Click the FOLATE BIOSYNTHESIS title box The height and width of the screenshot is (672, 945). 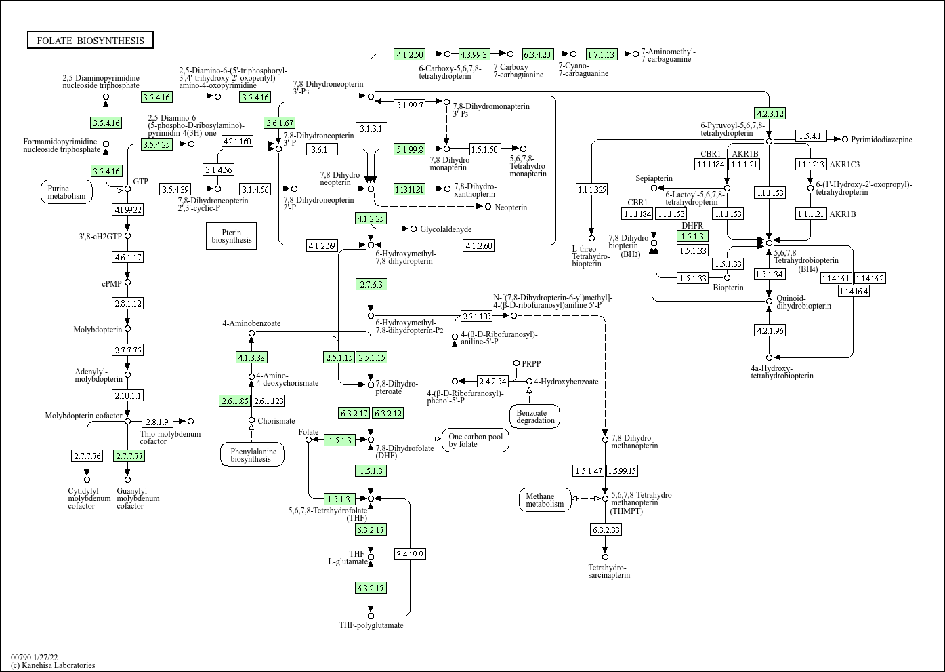(90, 40)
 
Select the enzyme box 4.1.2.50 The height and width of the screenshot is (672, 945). (410, 54)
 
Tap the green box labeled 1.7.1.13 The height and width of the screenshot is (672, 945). (601, 54)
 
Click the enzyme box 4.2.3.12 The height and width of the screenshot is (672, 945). (769, 113)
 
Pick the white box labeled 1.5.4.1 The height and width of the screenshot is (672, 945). (810, 136)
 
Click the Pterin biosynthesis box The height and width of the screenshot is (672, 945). (231, 235)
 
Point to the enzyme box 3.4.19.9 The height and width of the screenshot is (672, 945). (410, 554)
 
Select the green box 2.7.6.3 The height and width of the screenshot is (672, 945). (371, 284)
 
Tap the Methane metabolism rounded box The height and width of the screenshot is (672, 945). (545, 500)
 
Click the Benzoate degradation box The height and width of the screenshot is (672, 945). (535, 416)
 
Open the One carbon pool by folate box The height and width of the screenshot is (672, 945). (476, 440)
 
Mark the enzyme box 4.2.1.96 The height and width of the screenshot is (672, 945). (769, 330)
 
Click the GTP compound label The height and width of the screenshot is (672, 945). (140, 181)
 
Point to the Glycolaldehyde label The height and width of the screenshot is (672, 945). (446, 229)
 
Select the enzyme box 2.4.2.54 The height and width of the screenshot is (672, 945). (492, 381)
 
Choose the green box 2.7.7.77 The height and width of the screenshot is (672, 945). (129, 456)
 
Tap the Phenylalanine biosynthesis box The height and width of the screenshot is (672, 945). (252, 454)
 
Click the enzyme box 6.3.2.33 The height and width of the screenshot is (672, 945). (606, 530)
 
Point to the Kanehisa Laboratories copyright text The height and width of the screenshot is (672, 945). (53, 665)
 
